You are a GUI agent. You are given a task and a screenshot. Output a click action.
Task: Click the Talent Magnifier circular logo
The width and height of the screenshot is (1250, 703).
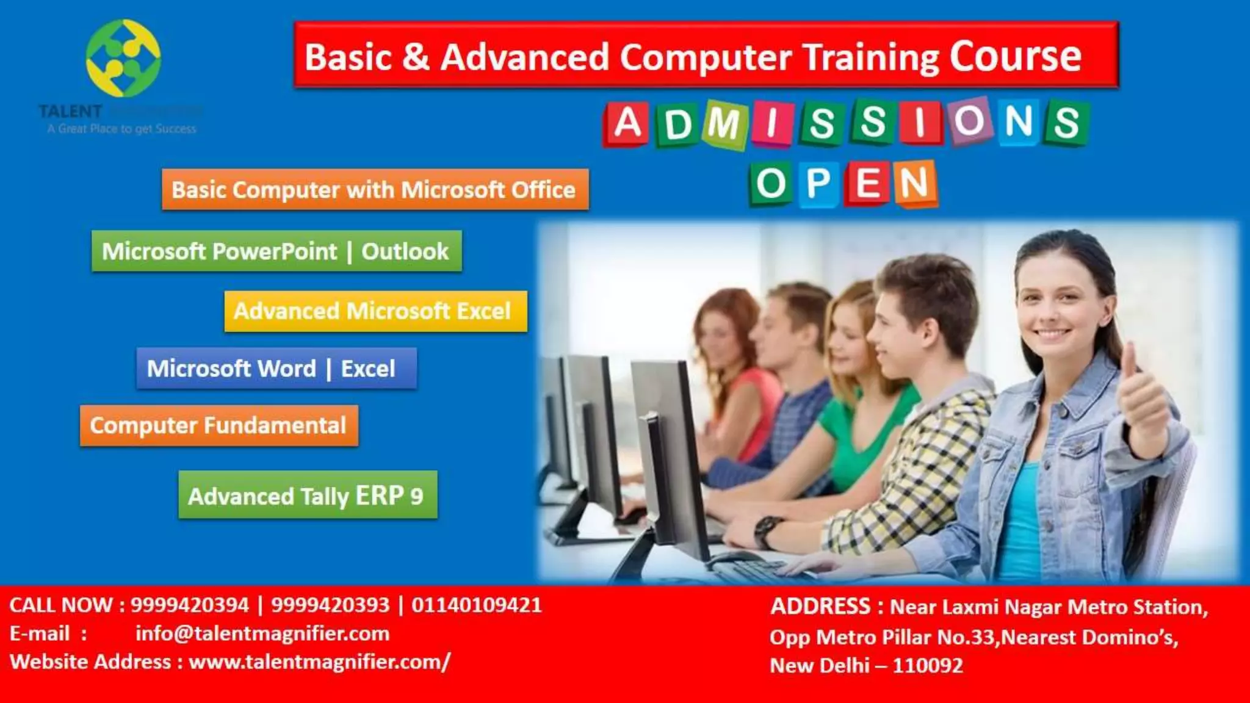[x=123, y=59]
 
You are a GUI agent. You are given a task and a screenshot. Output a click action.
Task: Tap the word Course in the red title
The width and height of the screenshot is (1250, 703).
[x=1015, y=57]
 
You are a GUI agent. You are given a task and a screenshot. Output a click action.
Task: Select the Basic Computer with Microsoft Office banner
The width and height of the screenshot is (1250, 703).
[x=375, y=190]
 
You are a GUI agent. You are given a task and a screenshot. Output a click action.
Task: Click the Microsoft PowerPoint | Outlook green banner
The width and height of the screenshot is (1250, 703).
[x=276, y=251]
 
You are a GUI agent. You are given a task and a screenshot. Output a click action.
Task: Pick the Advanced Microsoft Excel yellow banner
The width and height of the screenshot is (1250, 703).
[x=375, y=311]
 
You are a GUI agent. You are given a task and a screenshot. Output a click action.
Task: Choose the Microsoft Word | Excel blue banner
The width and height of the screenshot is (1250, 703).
[x=276, y=369]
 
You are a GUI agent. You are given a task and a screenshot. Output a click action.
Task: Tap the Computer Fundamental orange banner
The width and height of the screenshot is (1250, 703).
[x=219, y=425]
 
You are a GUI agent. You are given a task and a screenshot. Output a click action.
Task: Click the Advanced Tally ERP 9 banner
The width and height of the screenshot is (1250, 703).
[x=308, y=496]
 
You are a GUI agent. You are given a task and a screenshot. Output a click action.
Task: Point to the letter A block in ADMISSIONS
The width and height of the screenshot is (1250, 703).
[x=627, y=124]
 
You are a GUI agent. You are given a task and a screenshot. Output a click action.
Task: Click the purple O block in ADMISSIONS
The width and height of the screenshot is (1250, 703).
[x=969, y=121]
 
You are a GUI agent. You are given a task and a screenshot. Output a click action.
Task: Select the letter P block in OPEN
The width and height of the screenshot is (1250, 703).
[x=818, y=183]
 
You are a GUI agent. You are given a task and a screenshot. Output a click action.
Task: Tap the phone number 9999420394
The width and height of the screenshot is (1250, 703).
[x=190, y=605]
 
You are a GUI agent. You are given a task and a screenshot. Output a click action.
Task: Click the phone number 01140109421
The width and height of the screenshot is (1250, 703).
[x=476, y=605]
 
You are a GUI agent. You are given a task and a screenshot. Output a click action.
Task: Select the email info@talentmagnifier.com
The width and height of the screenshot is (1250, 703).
[x=262, y=633]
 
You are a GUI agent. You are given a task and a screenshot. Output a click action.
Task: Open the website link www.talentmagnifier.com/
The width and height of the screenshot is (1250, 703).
[x=320, y=662]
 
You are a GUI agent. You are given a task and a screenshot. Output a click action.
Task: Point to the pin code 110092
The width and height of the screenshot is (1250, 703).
[x=928, y=665]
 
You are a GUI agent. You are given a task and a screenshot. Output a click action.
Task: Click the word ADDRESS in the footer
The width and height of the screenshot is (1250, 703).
[x=820, y=607]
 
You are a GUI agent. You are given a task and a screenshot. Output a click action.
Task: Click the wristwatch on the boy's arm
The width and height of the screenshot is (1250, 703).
[x=768, y=528]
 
